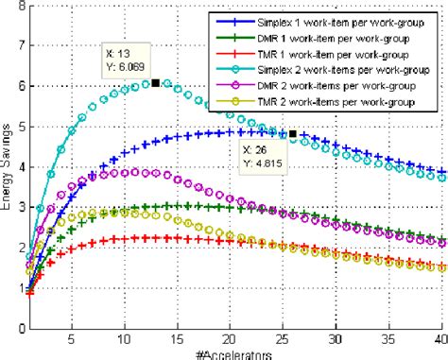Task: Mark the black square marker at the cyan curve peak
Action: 155,83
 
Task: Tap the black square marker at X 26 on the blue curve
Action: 293,134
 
